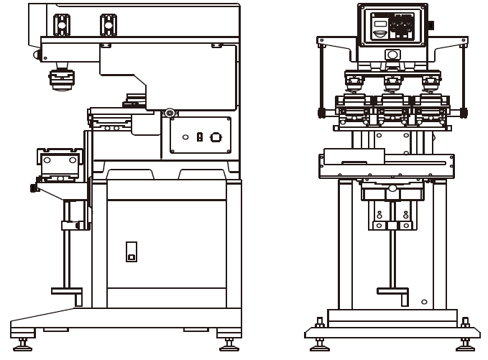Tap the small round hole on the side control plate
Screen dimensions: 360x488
(185, 137)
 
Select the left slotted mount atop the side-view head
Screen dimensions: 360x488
(62, 24)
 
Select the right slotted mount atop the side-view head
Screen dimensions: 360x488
(108, 24)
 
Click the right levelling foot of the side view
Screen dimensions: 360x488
(229, 342)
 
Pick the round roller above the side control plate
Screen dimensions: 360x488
(170, 113)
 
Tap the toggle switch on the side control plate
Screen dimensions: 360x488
(199, 137)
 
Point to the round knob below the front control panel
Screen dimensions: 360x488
(392, 55)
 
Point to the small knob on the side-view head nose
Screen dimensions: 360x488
(35, 55)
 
